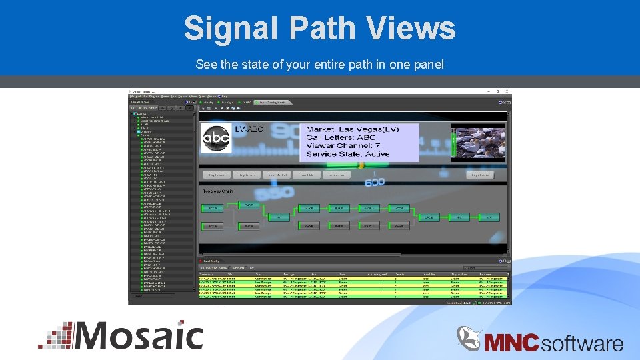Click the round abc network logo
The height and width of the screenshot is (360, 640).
pyautogui.click(x=216, y=138)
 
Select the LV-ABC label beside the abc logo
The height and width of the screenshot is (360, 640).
pyautogui.click(x=249, y=129)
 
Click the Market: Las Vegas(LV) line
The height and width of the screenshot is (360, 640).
pyautogui.click(x=352, y=129)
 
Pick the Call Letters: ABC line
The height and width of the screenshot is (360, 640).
pyautogui.click(x=341, y=137)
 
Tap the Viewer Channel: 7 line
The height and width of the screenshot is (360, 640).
pyautogui.click(x=343, y=145)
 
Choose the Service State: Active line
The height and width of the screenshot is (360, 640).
pyautogui.click(x=347, y=154)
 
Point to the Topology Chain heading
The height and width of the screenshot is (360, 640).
pyautogui.click(x=217, y=191)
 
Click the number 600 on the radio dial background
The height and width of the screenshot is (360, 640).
pyautogui.click(x=375, y=182)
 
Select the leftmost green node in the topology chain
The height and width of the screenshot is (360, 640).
pyautogui.click(x=212, y=209)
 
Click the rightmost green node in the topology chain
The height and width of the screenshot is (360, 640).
pyautogui.click(x=490, y=217)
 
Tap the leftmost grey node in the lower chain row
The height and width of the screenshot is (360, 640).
pyautogui.click(x=212, y=226)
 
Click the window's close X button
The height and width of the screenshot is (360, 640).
pyautogui.click(x=507, y=91)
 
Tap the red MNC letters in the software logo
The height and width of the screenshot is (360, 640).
pyautogui.click(x=512, y=343)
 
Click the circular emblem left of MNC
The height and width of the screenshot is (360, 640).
pyautogui.click(x=469, y=338)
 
